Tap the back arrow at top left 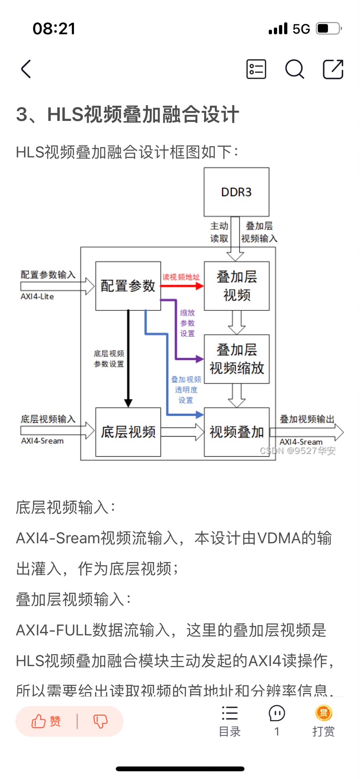(x=26, y=69)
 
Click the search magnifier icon (x=294, y=69)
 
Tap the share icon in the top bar (x=333, y=69)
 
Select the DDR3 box (x=236, y=192)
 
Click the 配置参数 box (x=128, y=286)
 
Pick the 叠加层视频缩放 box (x=236, y=359)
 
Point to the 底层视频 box (x=128, y=432)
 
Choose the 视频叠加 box (x=236, y=432)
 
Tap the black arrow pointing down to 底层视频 (x=128, y=357)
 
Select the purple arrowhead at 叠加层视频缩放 (x=199, y=359)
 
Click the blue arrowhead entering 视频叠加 (x=199, y=414)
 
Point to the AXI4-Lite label (x=37, y=297)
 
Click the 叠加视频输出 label (x=307, y=419)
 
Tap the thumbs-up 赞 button (x=46, y=721)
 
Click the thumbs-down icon (x=100, y=721)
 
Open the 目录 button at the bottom (x=230, y=721)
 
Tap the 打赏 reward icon (x=323, y=713)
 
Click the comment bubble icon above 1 (x=277, y=713)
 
